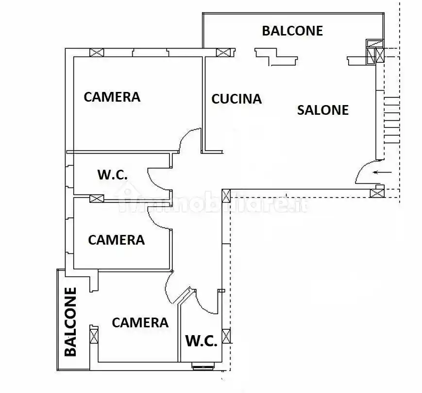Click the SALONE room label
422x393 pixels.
322,110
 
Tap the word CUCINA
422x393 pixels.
236,99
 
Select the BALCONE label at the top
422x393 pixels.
292,31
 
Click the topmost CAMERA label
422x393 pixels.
112,97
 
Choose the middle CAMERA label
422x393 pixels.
117,240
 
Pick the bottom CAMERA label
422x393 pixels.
140,322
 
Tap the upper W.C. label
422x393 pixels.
113,175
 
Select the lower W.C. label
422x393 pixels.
201,341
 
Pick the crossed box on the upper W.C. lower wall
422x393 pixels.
97,198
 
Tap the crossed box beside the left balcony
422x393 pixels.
94,336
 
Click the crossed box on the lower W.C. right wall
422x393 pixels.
226,336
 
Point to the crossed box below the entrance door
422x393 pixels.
376,193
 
